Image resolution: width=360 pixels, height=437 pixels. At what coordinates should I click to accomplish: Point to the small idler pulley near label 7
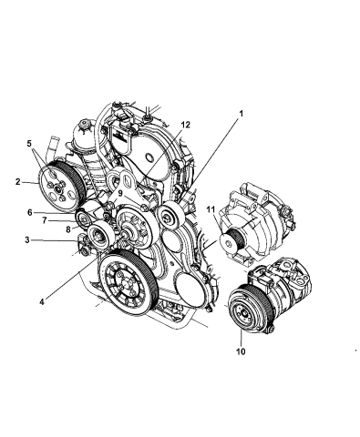(88, 222)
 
